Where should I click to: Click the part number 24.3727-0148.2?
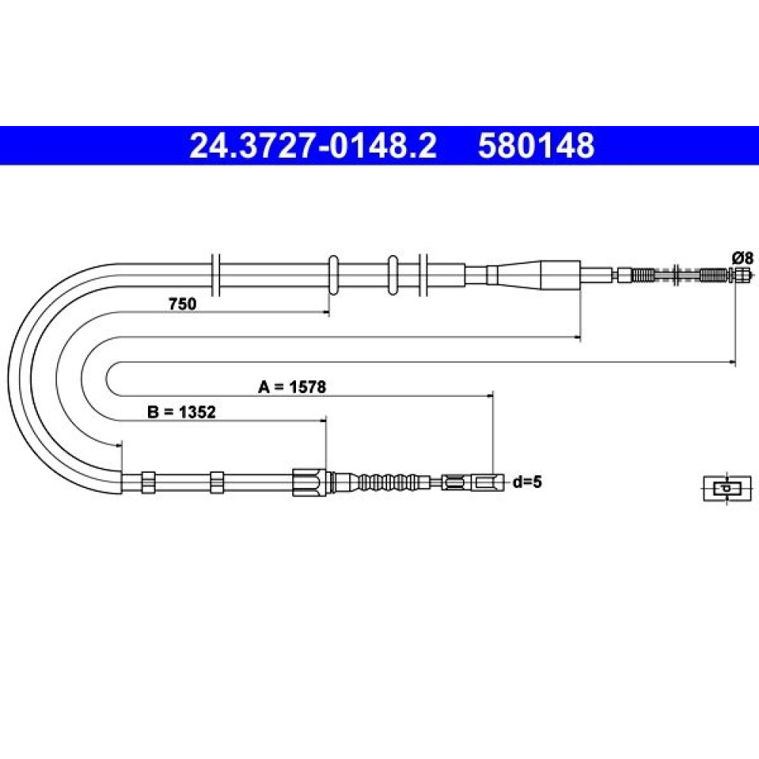click(313, 146)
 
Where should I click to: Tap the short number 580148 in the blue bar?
click(536, 146)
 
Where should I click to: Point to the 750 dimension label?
click(182, 304)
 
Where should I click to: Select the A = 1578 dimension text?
click(292, 387)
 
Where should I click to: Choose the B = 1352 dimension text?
click(181, 412)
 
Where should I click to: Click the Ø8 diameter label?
click(743, 258)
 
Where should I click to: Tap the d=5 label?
click(528, 482)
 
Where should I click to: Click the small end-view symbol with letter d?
click(727, 488)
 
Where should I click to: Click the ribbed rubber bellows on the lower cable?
click(387, 482)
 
